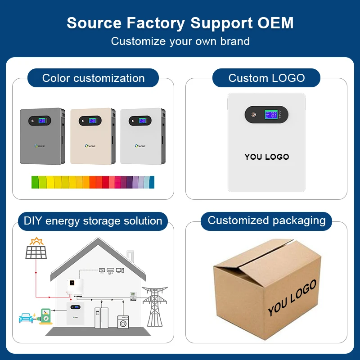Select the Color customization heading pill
pyautogui.click(x=93, y=78)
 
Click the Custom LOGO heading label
pyautogui.click(x=266, y=78)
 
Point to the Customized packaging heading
pyautogui.click(x=266, y=220)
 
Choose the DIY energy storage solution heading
pyautogui.click(x=93, y=221)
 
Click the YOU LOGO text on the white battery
pyautogui.click(x=267, y=157)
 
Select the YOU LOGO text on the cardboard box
pyautogui.click(x=292, y=297)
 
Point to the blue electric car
pyautogui.click(x=26, y=318)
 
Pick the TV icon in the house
pyautogui.click(x=102, y=270)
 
